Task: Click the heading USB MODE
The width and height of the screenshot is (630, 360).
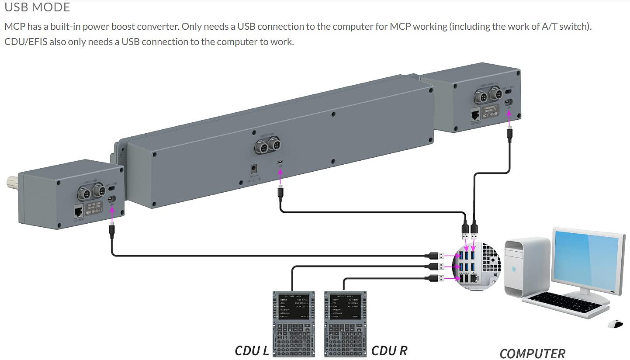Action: (37, 7)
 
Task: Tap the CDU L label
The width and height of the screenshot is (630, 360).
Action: (252, 350)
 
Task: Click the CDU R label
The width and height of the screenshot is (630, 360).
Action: (389, 350)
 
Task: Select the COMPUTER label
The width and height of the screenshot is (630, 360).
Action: (532, 353)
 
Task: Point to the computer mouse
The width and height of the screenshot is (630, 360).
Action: (615, 324)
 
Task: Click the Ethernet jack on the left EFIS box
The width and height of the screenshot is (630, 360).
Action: (79, 212)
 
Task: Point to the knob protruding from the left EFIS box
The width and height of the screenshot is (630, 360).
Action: (11, 180)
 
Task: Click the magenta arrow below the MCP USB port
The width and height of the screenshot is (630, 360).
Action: (280, 175)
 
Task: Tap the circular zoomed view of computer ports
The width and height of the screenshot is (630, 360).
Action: (476, 267)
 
